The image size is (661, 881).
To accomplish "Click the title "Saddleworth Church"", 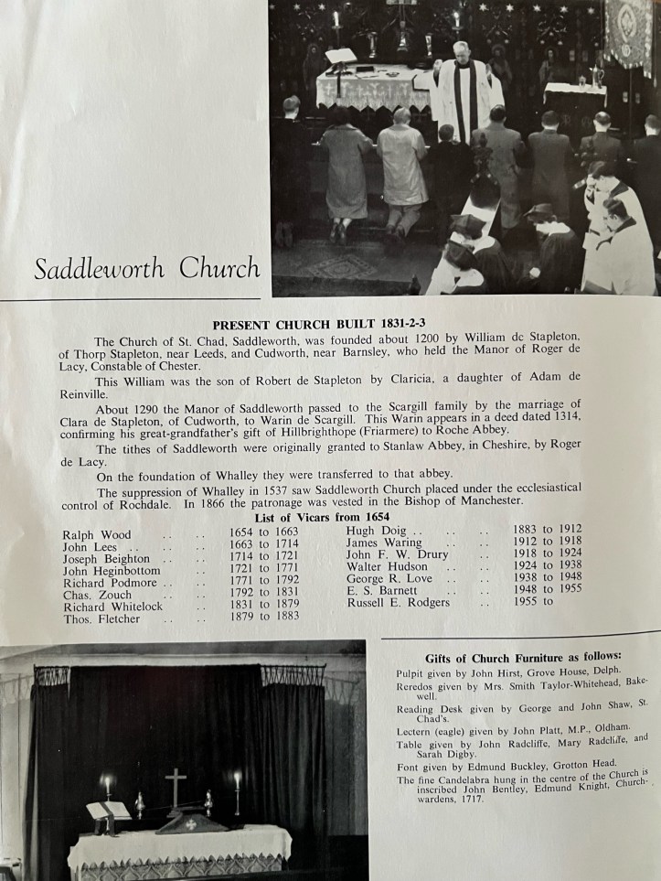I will coord(146,269).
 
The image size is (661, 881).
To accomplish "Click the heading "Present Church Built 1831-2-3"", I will coord(328,323).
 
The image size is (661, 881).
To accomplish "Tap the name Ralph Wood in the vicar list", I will coord(96,535).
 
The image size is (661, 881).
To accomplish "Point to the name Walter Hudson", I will coord(387,567).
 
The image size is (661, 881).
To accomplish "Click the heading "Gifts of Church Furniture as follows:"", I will coord(523,656).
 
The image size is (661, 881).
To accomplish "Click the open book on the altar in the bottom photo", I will coord(107,811).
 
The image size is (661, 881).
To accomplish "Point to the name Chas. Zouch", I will coord(98,595).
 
